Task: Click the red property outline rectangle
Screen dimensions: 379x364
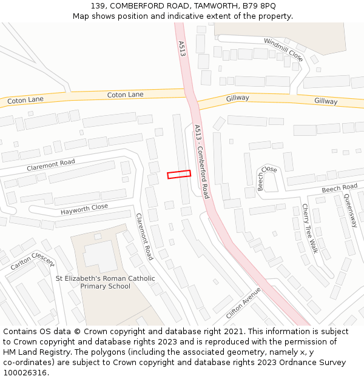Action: (x=179, y=174)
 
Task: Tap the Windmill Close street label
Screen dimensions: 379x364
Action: (x=283, y=49)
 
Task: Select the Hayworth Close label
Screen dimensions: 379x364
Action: (x=84, y=209)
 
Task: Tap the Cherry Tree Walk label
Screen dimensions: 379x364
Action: (x=309, y=227)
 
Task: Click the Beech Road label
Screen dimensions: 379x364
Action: (x=340, y=189)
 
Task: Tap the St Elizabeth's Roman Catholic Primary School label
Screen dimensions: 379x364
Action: (x=106, y=283)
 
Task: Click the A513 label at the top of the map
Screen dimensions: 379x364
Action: (x=182, y=49)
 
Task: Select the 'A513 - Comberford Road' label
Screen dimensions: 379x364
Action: (x=201, y=161)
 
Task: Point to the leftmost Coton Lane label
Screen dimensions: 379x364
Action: (x=25, y=101)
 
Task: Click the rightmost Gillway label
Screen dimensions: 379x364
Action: (x=326, y=101)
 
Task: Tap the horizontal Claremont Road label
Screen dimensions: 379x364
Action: (x=51, y=164)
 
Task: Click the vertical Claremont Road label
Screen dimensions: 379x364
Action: (x=144, y=236)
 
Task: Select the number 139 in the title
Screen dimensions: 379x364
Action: (x=98, y=5)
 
